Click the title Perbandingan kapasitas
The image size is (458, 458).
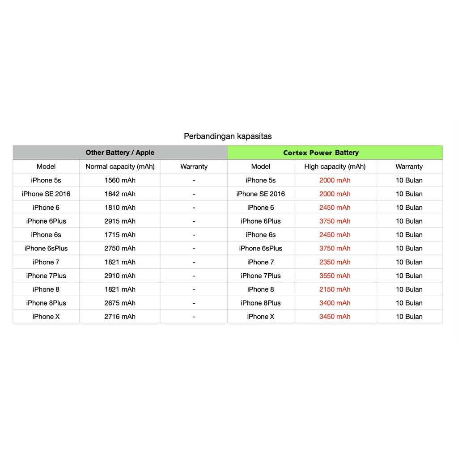[228, 136]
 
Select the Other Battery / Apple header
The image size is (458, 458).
[120, 153]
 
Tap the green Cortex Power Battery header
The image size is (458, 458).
[321, 153]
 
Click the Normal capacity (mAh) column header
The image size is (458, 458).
[120, 166]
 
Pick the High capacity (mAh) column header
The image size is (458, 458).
[335, 166]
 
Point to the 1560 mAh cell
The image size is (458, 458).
[120, 180]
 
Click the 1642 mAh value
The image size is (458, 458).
[120, 194]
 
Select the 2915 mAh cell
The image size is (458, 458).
[120, 221]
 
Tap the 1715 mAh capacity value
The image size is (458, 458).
[120, 234]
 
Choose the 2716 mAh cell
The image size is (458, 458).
[120, 316]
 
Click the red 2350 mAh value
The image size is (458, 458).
[335, 262]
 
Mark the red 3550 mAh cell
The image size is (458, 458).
[335, 276]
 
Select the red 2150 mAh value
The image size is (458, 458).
[335, 289]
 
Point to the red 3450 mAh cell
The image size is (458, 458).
[335, 316]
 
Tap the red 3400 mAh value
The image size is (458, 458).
[335, 303]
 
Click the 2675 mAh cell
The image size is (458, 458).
[120, 303]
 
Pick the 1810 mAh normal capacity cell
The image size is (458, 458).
[120, 208]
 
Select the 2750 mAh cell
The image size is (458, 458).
[120, 248]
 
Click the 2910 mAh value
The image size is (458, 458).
[120, 276]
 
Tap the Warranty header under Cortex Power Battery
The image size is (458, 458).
[409, 166]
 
